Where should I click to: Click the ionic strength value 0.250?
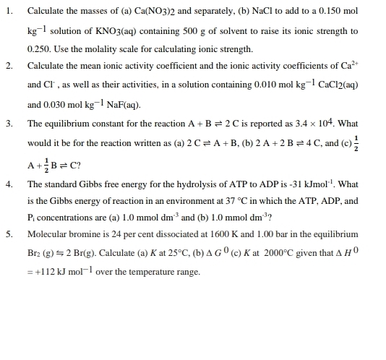point(38,49)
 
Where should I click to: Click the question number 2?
point(9,67)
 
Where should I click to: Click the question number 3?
point(9,124)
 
